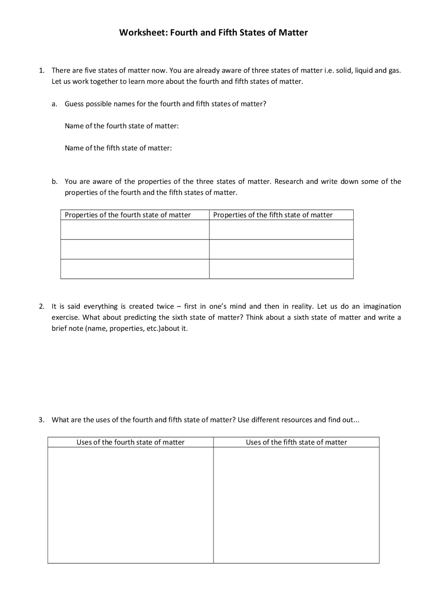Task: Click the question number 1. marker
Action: coord(41,70)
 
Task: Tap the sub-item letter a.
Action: coord(54,104)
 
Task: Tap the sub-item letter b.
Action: coord(54,182)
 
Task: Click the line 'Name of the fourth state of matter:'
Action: coord(122,126)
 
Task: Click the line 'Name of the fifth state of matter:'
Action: coord(118,148)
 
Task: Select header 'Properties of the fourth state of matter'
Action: coord(128,215)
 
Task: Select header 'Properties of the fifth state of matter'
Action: coord(273,215)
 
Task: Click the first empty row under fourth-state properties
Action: coord(135,230)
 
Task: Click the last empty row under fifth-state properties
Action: coord(281,269)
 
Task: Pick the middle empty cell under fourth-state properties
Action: coord(135,249)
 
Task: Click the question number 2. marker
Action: coord(41,307)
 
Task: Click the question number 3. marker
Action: coord(41,420)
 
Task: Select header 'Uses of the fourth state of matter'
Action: coord(130,442)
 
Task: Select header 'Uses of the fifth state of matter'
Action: coord(296,442)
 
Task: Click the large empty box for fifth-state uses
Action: coord(296,505)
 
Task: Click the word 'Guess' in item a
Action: coord(74,104)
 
